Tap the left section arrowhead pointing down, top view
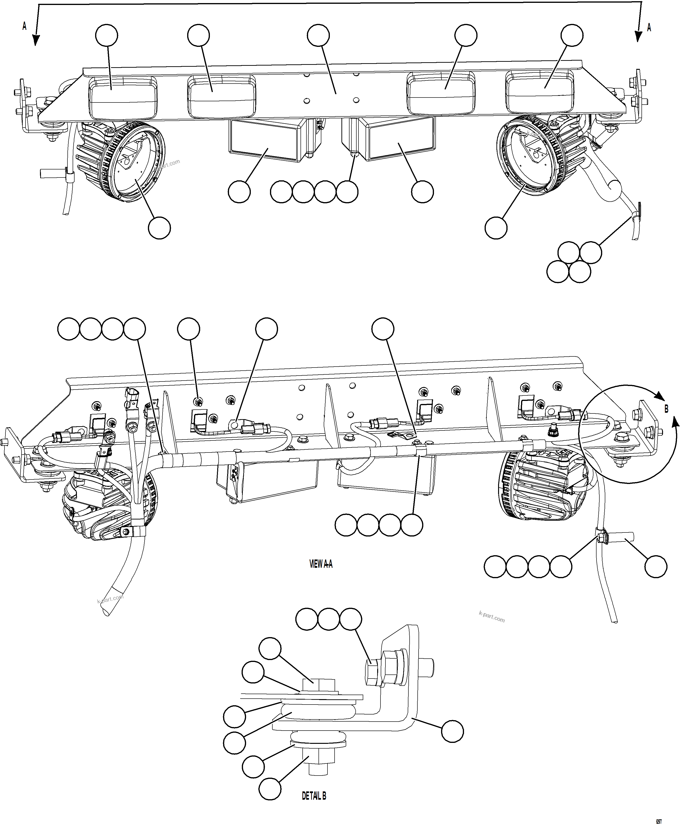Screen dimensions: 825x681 pyautogui.click(x=36, y=40)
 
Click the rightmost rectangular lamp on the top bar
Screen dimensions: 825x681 pyautogui.click(x=540, y=91)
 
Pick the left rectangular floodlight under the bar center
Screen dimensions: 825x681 pyautogui.click(x=264, y=140)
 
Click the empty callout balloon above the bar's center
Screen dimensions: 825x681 pyautogui.click(x=318, y=35)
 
